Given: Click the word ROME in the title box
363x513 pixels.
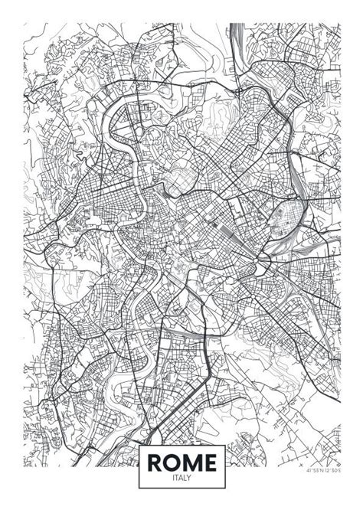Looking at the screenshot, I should [181, 462].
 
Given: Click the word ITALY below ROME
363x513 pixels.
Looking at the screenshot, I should [181, 478].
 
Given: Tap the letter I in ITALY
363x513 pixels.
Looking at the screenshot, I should [173, 478].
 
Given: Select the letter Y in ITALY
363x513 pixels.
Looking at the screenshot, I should [190, 478].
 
